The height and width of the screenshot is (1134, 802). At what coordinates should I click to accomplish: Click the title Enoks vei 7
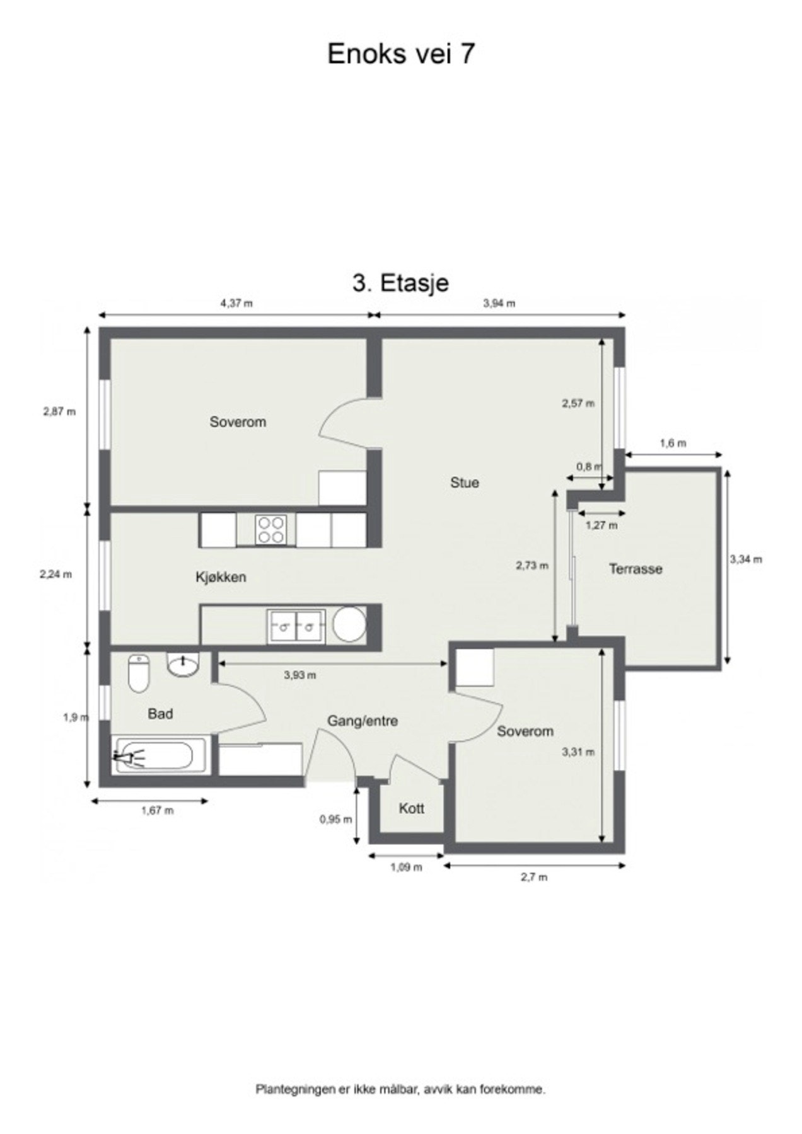point(400,54)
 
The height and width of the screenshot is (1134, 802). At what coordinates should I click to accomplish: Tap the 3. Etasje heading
point(400,283)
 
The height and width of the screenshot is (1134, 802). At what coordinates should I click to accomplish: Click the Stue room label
point(464,483)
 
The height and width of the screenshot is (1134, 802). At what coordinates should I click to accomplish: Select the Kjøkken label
point(221,576)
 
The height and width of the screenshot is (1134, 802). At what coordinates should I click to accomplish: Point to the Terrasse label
point(635,569)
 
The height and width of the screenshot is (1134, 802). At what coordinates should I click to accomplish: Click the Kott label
point(411,808)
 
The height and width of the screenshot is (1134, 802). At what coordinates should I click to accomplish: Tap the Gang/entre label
point(362,721)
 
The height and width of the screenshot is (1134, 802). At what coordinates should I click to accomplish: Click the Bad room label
point(160,714)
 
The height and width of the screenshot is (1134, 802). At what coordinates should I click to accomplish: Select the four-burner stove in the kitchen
point(271,529)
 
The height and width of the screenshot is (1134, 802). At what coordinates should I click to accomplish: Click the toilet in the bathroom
point(138,673)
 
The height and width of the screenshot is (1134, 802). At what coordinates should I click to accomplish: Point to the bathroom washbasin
point(183,665)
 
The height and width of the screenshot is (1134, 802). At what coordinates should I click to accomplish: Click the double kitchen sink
point(296,626)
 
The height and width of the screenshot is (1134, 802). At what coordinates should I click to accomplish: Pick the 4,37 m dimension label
point(236,303)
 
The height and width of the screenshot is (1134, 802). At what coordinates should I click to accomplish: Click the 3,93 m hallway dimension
point(299,675)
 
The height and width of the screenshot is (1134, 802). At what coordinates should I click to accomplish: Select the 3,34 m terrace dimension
point(746,559)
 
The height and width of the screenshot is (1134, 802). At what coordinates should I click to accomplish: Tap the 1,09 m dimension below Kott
point(406,867)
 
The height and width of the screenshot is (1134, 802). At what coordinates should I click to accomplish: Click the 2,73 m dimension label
point(532,565)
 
